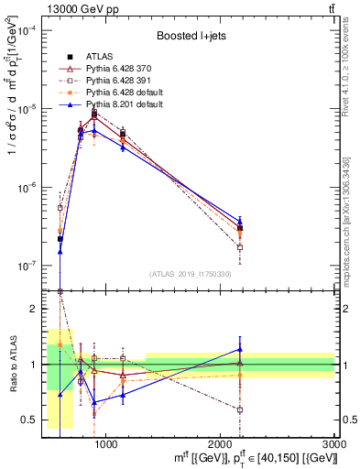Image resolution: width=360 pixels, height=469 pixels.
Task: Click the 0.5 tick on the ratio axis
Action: pos(35,420)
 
